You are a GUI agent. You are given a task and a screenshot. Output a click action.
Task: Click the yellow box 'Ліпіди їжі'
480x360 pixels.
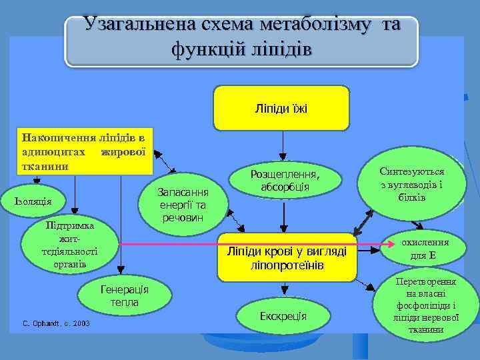[x=281, y=107]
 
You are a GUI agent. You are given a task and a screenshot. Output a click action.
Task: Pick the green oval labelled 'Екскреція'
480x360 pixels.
[x=283, y=315]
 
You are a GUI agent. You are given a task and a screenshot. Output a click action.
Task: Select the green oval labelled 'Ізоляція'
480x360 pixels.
[x=38, y=201]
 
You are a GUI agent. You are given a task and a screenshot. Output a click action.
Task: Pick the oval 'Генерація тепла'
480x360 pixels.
[x=125, y=296]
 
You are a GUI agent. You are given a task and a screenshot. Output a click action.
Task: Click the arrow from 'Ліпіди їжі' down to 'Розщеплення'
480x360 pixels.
[x=283, y=143]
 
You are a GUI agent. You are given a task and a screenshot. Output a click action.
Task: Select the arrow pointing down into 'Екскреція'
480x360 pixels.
[x=284, y=289]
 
